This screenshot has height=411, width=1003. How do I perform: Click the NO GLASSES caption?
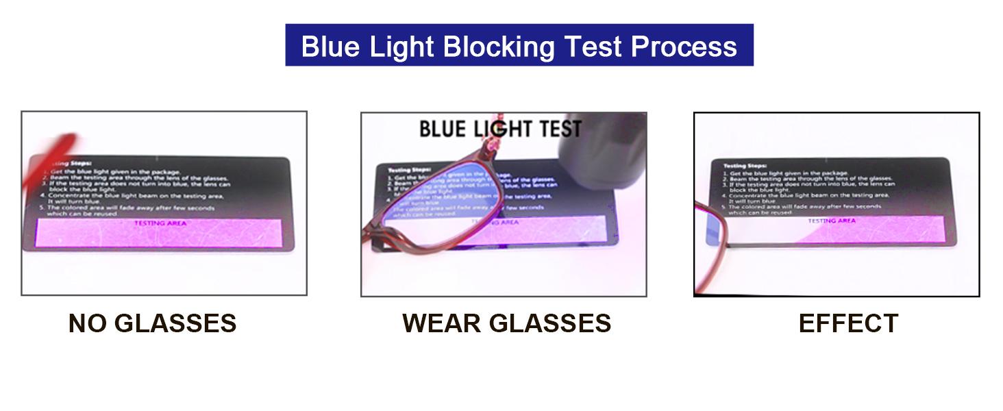(152, 323)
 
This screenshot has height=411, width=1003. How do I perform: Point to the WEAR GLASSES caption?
(506, 323)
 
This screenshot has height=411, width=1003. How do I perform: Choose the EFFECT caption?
(848, 323)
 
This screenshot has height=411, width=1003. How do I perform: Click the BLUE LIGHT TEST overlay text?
(500, 129)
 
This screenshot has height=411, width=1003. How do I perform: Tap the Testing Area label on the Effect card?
(831, 221)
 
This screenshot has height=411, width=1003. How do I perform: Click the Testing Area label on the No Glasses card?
(159, 223)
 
